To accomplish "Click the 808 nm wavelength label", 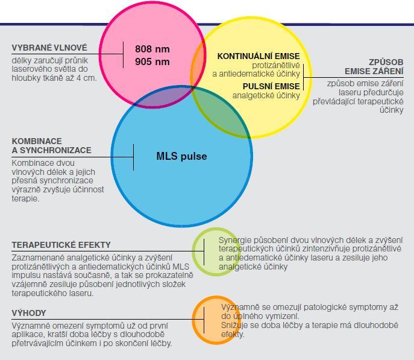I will [x=152, y=49].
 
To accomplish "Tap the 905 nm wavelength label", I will [x=152, y=62].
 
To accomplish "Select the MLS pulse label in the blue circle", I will [x=181, y=156].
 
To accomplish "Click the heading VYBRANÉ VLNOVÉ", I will [x=49, y=48].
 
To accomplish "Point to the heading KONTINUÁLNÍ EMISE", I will [x=259, y=56].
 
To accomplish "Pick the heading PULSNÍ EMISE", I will [x=271, y=86].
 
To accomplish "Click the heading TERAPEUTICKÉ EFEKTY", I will [x=61, y=245].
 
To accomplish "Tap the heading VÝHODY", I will [x=29, y=313].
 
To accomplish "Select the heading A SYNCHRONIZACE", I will [x=51, y=150].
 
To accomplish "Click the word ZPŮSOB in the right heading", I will [x=386, y=62].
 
